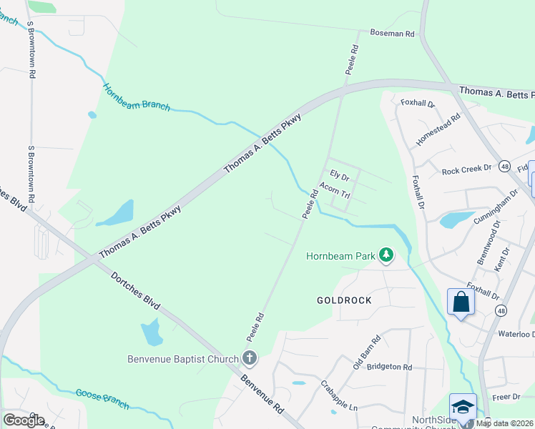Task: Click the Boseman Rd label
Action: point(392,33)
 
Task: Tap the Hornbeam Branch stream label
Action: point(136,97)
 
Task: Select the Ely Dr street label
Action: point(339,174)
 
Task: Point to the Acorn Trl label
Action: point(334,189)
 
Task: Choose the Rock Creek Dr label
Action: point(467,170)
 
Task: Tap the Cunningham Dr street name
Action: point(496,208)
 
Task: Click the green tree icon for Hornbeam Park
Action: point(386,255)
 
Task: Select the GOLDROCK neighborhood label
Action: point(344,300)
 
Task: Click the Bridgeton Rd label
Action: point(389,367)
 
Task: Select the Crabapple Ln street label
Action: point(338,394)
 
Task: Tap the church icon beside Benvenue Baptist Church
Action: point(249,358)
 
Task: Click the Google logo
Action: point(24,420)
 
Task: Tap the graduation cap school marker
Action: point(463,406)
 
